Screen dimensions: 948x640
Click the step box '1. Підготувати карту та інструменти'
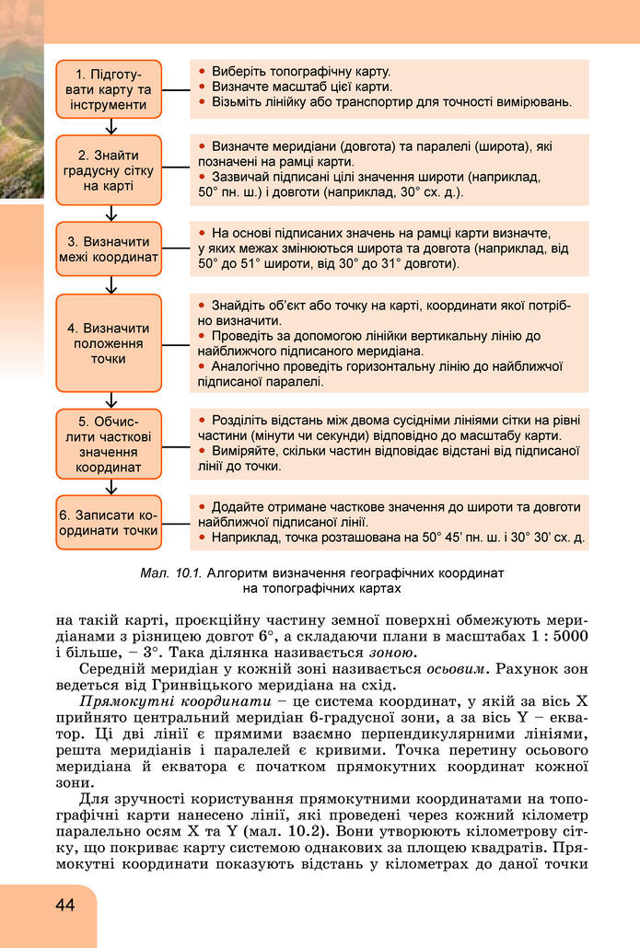[x=109, y=89]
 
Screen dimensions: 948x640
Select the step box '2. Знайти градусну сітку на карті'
[x=109, y=170]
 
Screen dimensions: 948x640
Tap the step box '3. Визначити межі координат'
[x=109, y=249]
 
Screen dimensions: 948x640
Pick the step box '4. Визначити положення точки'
[x=109, y=343]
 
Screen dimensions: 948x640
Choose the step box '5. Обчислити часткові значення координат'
[x=109, y=445]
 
